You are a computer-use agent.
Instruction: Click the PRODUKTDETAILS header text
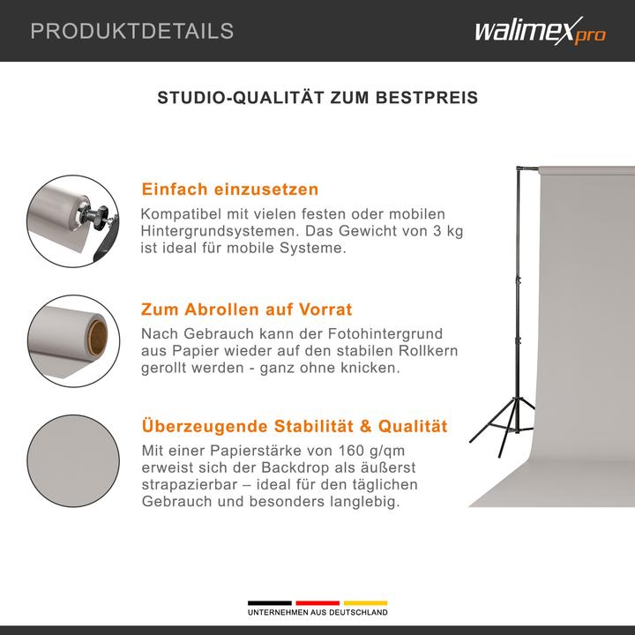(x=132, y=31)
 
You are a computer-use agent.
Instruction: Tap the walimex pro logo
(x=540, y=32)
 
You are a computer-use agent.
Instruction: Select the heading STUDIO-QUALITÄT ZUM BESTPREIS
(x=317, y=98)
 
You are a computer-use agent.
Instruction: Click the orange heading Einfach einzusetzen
(x=229, y=190)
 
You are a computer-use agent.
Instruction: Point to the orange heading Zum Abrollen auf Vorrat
(x=246, y=310)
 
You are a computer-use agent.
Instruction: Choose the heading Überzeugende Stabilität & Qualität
(x=295, y=427)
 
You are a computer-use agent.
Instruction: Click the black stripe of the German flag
(x=270, y=603)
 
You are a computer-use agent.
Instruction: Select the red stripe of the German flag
(x=317, y=603)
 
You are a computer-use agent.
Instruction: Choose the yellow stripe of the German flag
(x=365, y=603)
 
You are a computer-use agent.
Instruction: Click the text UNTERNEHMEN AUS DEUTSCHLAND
(x=317, y=613)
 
